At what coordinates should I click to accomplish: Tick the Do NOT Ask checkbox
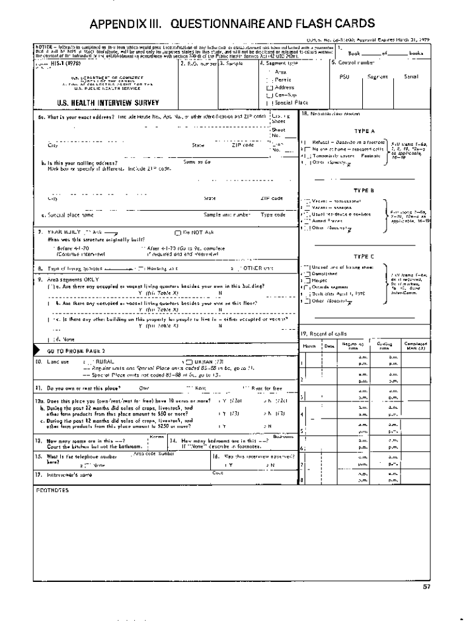tap(177, 233)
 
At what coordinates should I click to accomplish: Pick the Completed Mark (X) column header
tap(416, 345)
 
